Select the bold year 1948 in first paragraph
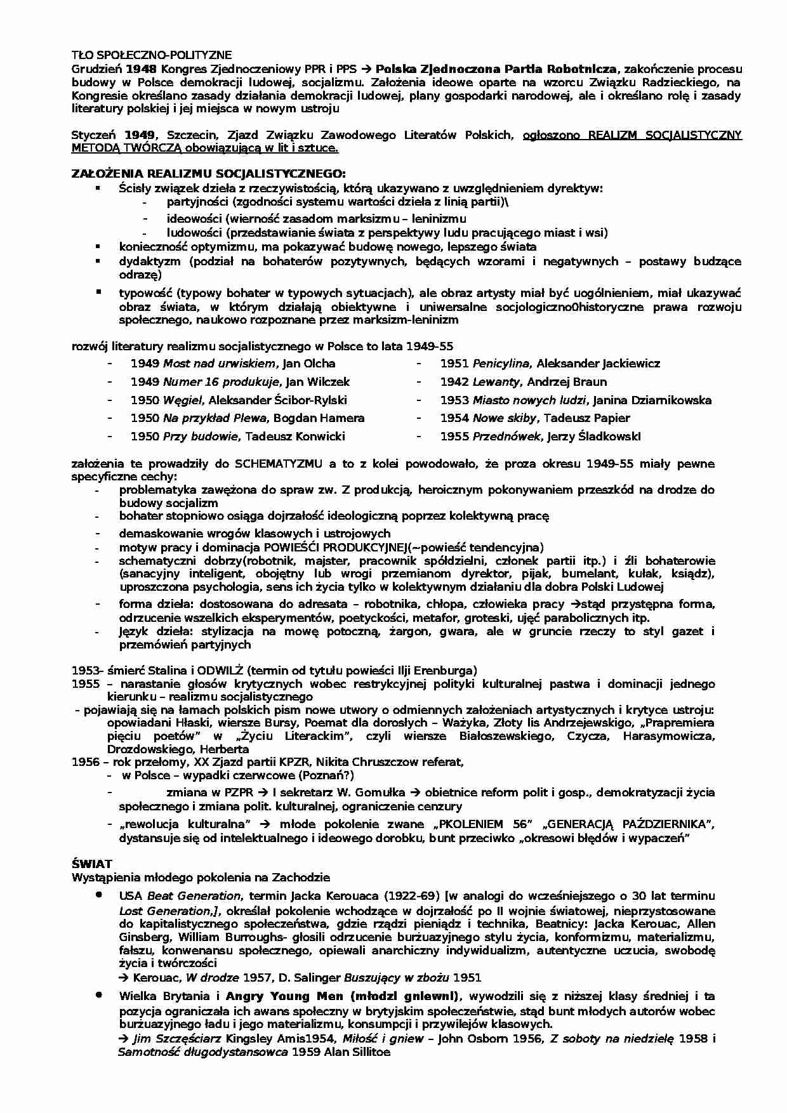click(x=141, y=69)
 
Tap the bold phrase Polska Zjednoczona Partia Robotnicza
click(x=496, y=69)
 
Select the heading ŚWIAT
click(x=93, y=864)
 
